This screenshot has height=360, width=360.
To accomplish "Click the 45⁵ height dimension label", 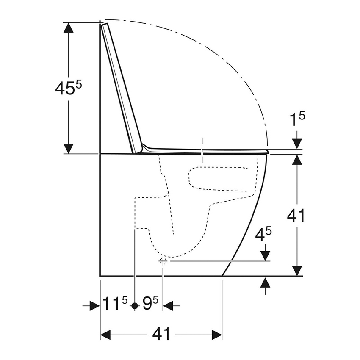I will click(68, 88).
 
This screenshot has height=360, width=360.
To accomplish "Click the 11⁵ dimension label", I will click(115, 305).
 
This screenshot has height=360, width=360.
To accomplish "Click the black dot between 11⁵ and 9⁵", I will click(134, 305).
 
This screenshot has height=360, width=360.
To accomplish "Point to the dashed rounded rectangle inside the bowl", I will click(219, 178).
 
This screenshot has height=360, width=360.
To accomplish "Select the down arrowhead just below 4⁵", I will click(265, 255).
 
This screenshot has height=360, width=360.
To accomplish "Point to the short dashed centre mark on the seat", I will click(202, 150).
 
